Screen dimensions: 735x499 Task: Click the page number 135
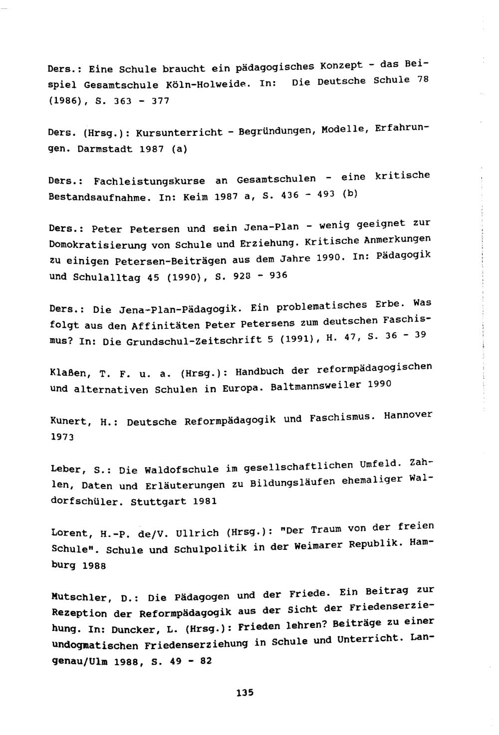click(x=245, y=692)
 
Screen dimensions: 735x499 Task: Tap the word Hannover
click(x=408, y=415)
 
